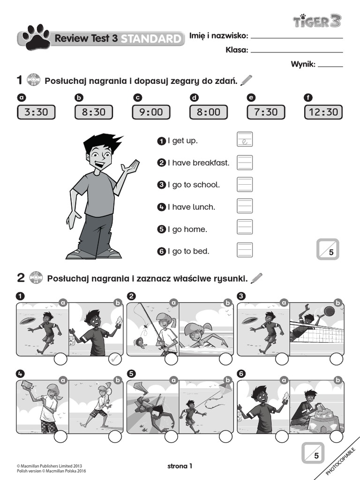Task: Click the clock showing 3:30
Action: click(x=36, y=112)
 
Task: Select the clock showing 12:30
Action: click(x=323, y=112)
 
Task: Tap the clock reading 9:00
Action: click(x=151, y=112)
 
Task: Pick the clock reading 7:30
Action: click(x=266, y=112)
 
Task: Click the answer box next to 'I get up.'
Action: click(x=245, y=140)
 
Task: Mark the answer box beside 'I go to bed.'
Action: click(x=245, y=250)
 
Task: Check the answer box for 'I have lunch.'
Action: click(x=245, y=206)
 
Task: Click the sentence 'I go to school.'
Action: click(x=194, y=185)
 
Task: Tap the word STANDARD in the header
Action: click(x=150, y=39)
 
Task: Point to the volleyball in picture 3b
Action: click(x=329, y=311)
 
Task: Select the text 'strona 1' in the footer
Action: click(x=180, y=466)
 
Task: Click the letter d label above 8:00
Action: click(x=194, y=98)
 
